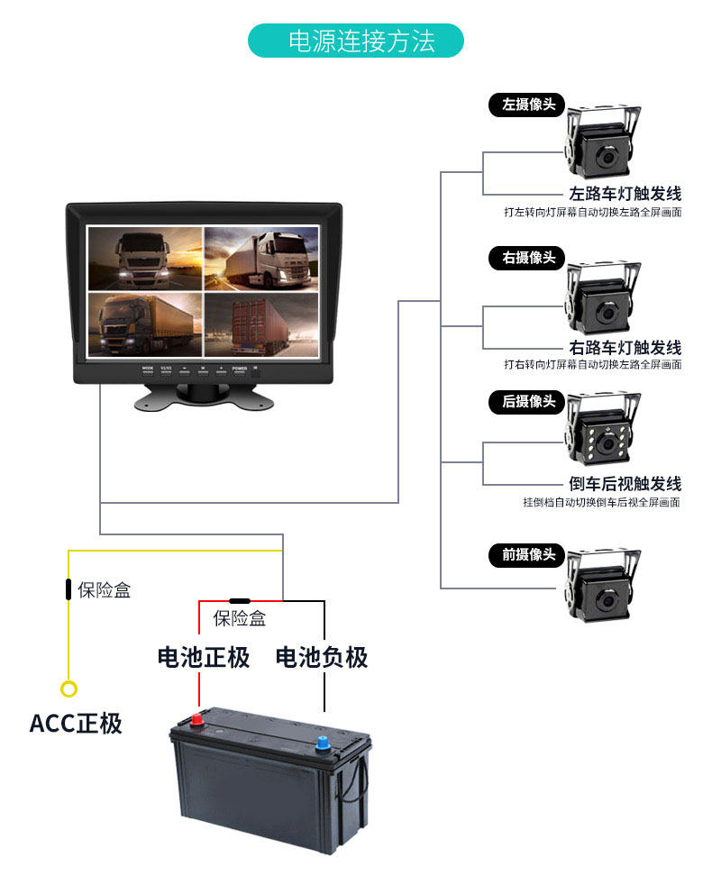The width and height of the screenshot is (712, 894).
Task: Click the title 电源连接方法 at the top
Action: tap(356, 41)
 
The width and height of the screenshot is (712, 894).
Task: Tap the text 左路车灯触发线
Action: tap(625, 194)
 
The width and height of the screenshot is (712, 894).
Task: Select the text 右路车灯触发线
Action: tap(625, 347)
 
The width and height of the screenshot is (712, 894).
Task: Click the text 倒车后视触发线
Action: tap(625, 484)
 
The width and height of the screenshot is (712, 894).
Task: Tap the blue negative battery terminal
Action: tap(322, 743)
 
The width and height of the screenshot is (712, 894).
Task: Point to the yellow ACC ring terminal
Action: tap(68, 689)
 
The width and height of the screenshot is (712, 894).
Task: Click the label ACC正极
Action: tap(76, 724)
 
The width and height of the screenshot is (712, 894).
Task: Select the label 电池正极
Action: tap(204, 657)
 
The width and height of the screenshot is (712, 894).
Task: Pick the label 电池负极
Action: tap(322, 657)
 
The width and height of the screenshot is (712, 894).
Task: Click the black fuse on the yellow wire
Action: tap(68, 589)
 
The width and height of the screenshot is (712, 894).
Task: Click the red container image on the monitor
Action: tap(261, 325)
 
